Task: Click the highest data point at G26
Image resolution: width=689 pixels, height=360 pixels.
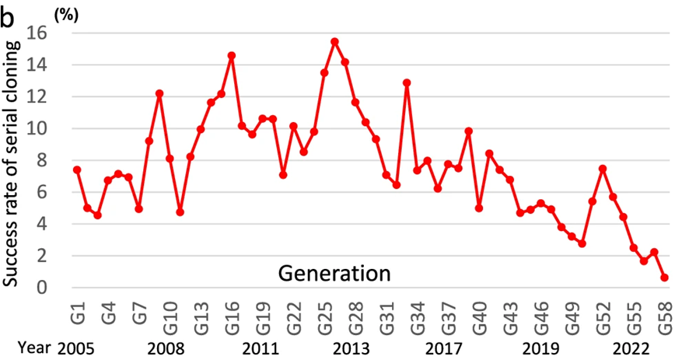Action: [x=334, y=41]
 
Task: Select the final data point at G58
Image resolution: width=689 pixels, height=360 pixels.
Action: [x=665, y=278]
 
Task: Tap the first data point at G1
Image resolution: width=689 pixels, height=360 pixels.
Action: [x=77, y=170]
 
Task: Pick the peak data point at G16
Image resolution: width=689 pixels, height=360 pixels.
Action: [x=232, y=56]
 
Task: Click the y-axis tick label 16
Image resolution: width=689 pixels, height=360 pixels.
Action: [x=37, y=33]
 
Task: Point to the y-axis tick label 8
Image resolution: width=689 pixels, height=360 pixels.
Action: [x=43, y=160]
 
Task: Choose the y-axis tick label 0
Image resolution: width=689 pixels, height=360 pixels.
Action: [x=43, y=288]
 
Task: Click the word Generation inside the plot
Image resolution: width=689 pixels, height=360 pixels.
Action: [x=334, y=274]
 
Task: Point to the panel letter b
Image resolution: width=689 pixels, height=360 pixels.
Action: [x=8, y=16]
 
